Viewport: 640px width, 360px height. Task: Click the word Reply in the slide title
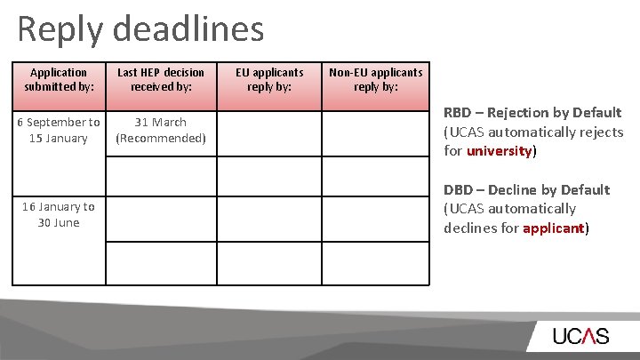pos(60,29)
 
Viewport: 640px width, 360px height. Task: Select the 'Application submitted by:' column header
pos(58,79)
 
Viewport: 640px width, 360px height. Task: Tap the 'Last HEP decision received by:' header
pos(161,79)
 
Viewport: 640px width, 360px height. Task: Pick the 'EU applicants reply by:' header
pos(269,79)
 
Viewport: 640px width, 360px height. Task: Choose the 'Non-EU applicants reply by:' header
pos(376,79)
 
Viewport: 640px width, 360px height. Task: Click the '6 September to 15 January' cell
pos(58,130)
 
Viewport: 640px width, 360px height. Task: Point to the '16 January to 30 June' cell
pos(58,214)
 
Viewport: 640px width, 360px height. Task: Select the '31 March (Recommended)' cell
pos(161,130)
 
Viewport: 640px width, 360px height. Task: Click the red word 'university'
pos(500,151)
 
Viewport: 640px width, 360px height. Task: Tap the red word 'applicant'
pos(554,228)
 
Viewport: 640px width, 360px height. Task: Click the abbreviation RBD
pos(457,113)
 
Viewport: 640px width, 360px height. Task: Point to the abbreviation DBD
pos(457,189)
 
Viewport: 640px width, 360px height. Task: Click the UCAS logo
pos(580,337)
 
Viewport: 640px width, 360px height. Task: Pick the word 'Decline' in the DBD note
pos(516,189)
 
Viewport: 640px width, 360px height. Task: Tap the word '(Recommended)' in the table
pos(161,138)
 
